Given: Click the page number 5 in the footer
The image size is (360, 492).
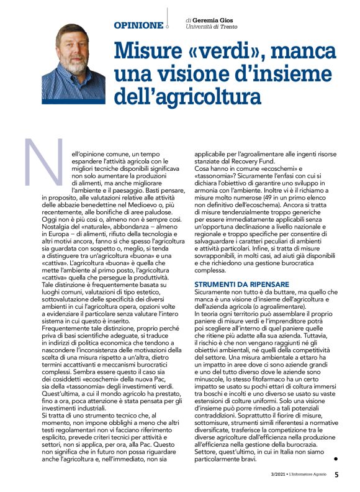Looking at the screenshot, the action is (x=336, y=475).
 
